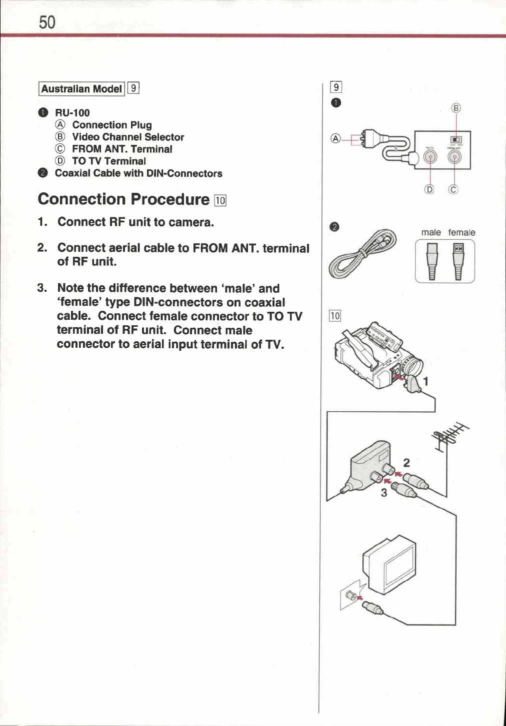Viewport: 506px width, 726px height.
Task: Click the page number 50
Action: click(47, 22)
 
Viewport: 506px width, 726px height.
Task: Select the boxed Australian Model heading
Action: click(81, 89)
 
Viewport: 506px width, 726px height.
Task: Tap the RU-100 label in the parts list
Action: click(72, 113)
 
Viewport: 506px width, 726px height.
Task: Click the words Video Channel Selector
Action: click(128, 137)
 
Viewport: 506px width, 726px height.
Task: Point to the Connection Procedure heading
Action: click(123, 199)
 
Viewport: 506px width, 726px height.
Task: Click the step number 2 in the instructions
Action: click(42, 248)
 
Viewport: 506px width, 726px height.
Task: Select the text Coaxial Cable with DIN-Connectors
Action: click(138, 173)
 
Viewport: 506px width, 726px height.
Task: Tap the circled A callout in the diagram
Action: click(336, 138)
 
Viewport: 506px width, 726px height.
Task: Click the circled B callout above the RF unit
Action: click(456, 108)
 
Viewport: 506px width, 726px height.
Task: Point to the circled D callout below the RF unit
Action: click(429, 189)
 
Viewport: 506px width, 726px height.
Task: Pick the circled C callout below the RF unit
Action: click(454, 189)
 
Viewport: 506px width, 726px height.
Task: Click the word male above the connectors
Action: click(431, 232)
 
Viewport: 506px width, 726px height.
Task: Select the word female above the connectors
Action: click(461, 232)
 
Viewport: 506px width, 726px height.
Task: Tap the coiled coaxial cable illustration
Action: click(362, 252)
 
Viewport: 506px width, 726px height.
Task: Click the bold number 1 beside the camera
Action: click(426, 382)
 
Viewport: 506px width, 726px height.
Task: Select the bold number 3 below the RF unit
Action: click(384, 493)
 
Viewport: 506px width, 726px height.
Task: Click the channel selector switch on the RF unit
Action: click(455, 139)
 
